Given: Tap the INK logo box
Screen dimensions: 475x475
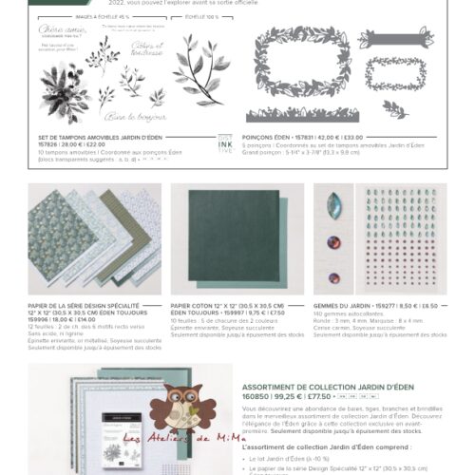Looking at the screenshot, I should coord(224,142).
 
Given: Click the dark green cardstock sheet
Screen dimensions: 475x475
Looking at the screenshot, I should coord(219,236).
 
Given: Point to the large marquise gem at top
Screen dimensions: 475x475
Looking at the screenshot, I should coord(333,206).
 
